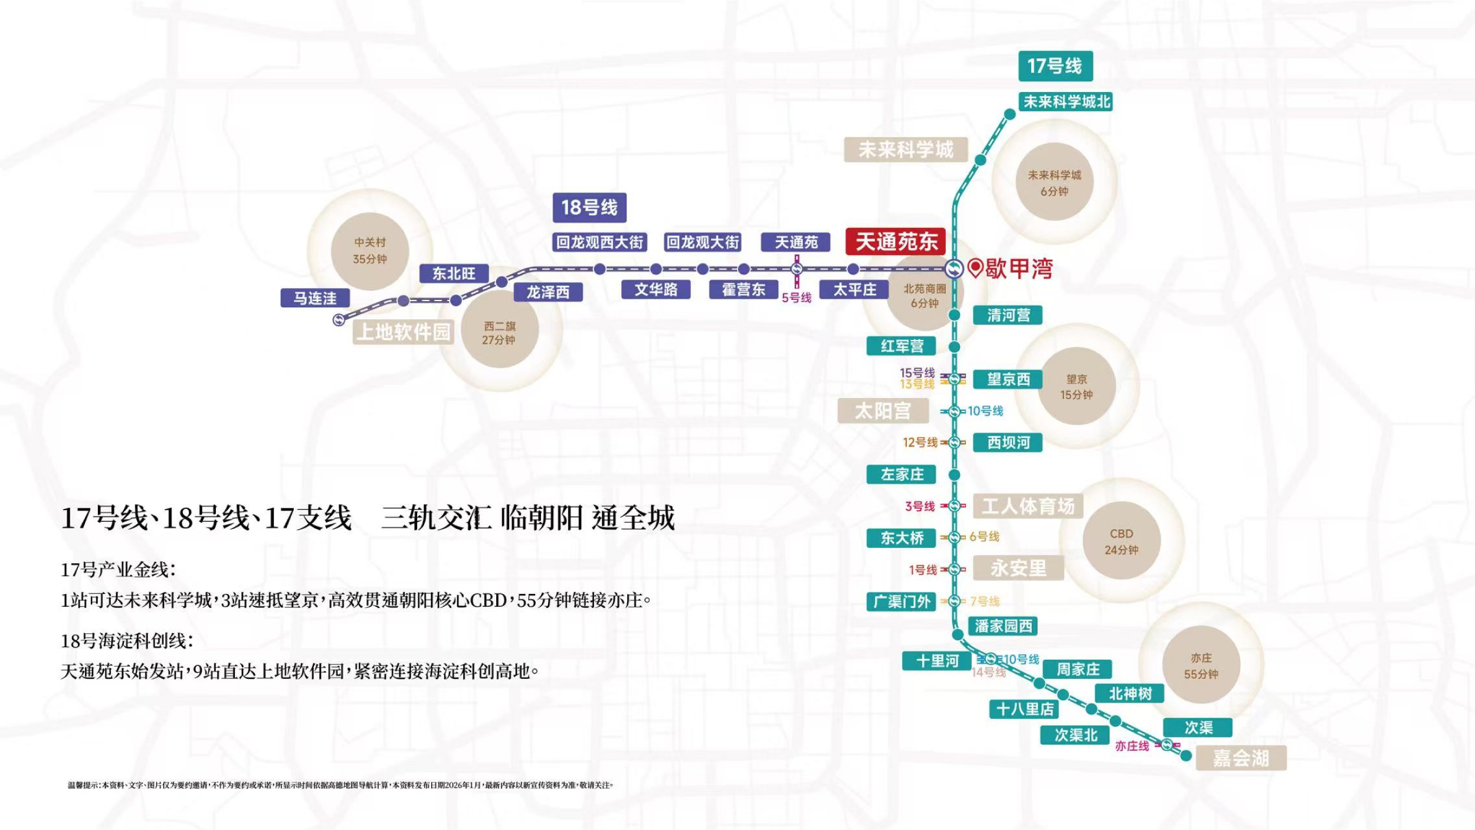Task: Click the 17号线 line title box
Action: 1055,66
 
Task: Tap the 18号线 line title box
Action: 589,208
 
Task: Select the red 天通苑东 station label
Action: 896,241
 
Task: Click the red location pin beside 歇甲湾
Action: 975,268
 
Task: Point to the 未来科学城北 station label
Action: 1066,102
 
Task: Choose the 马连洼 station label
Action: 315,298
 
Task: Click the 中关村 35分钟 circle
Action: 370,251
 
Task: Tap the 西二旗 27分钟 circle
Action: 499,333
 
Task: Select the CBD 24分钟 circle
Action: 1121,541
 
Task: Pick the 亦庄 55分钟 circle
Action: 1201,666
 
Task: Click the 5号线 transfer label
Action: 796,298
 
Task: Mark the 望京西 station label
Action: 1008,379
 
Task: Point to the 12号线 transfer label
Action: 920,442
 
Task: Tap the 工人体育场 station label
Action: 1028,506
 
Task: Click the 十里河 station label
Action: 937,661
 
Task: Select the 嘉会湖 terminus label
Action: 1241,758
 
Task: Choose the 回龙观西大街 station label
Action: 599,242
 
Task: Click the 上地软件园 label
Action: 404,332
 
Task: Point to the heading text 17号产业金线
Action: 118,570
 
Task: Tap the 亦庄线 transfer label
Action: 1132,746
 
